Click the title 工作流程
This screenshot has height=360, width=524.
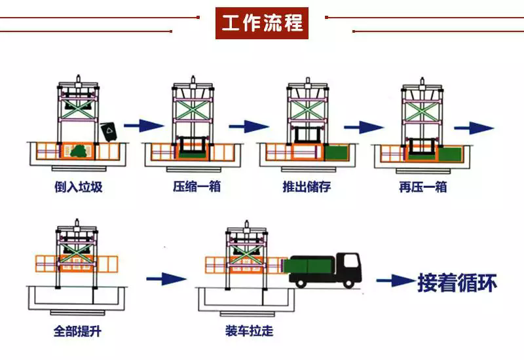[x=262, y=23]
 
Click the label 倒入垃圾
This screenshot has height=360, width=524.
[x=79, y=187]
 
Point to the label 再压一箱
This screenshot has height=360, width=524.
[x=422, y=187]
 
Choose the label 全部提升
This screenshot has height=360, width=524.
[x=77, y=331]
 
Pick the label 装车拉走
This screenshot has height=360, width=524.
[x=248, y=331]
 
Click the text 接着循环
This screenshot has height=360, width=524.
[x=457, y=282]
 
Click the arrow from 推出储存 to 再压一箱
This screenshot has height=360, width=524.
[x=362, y=126]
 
